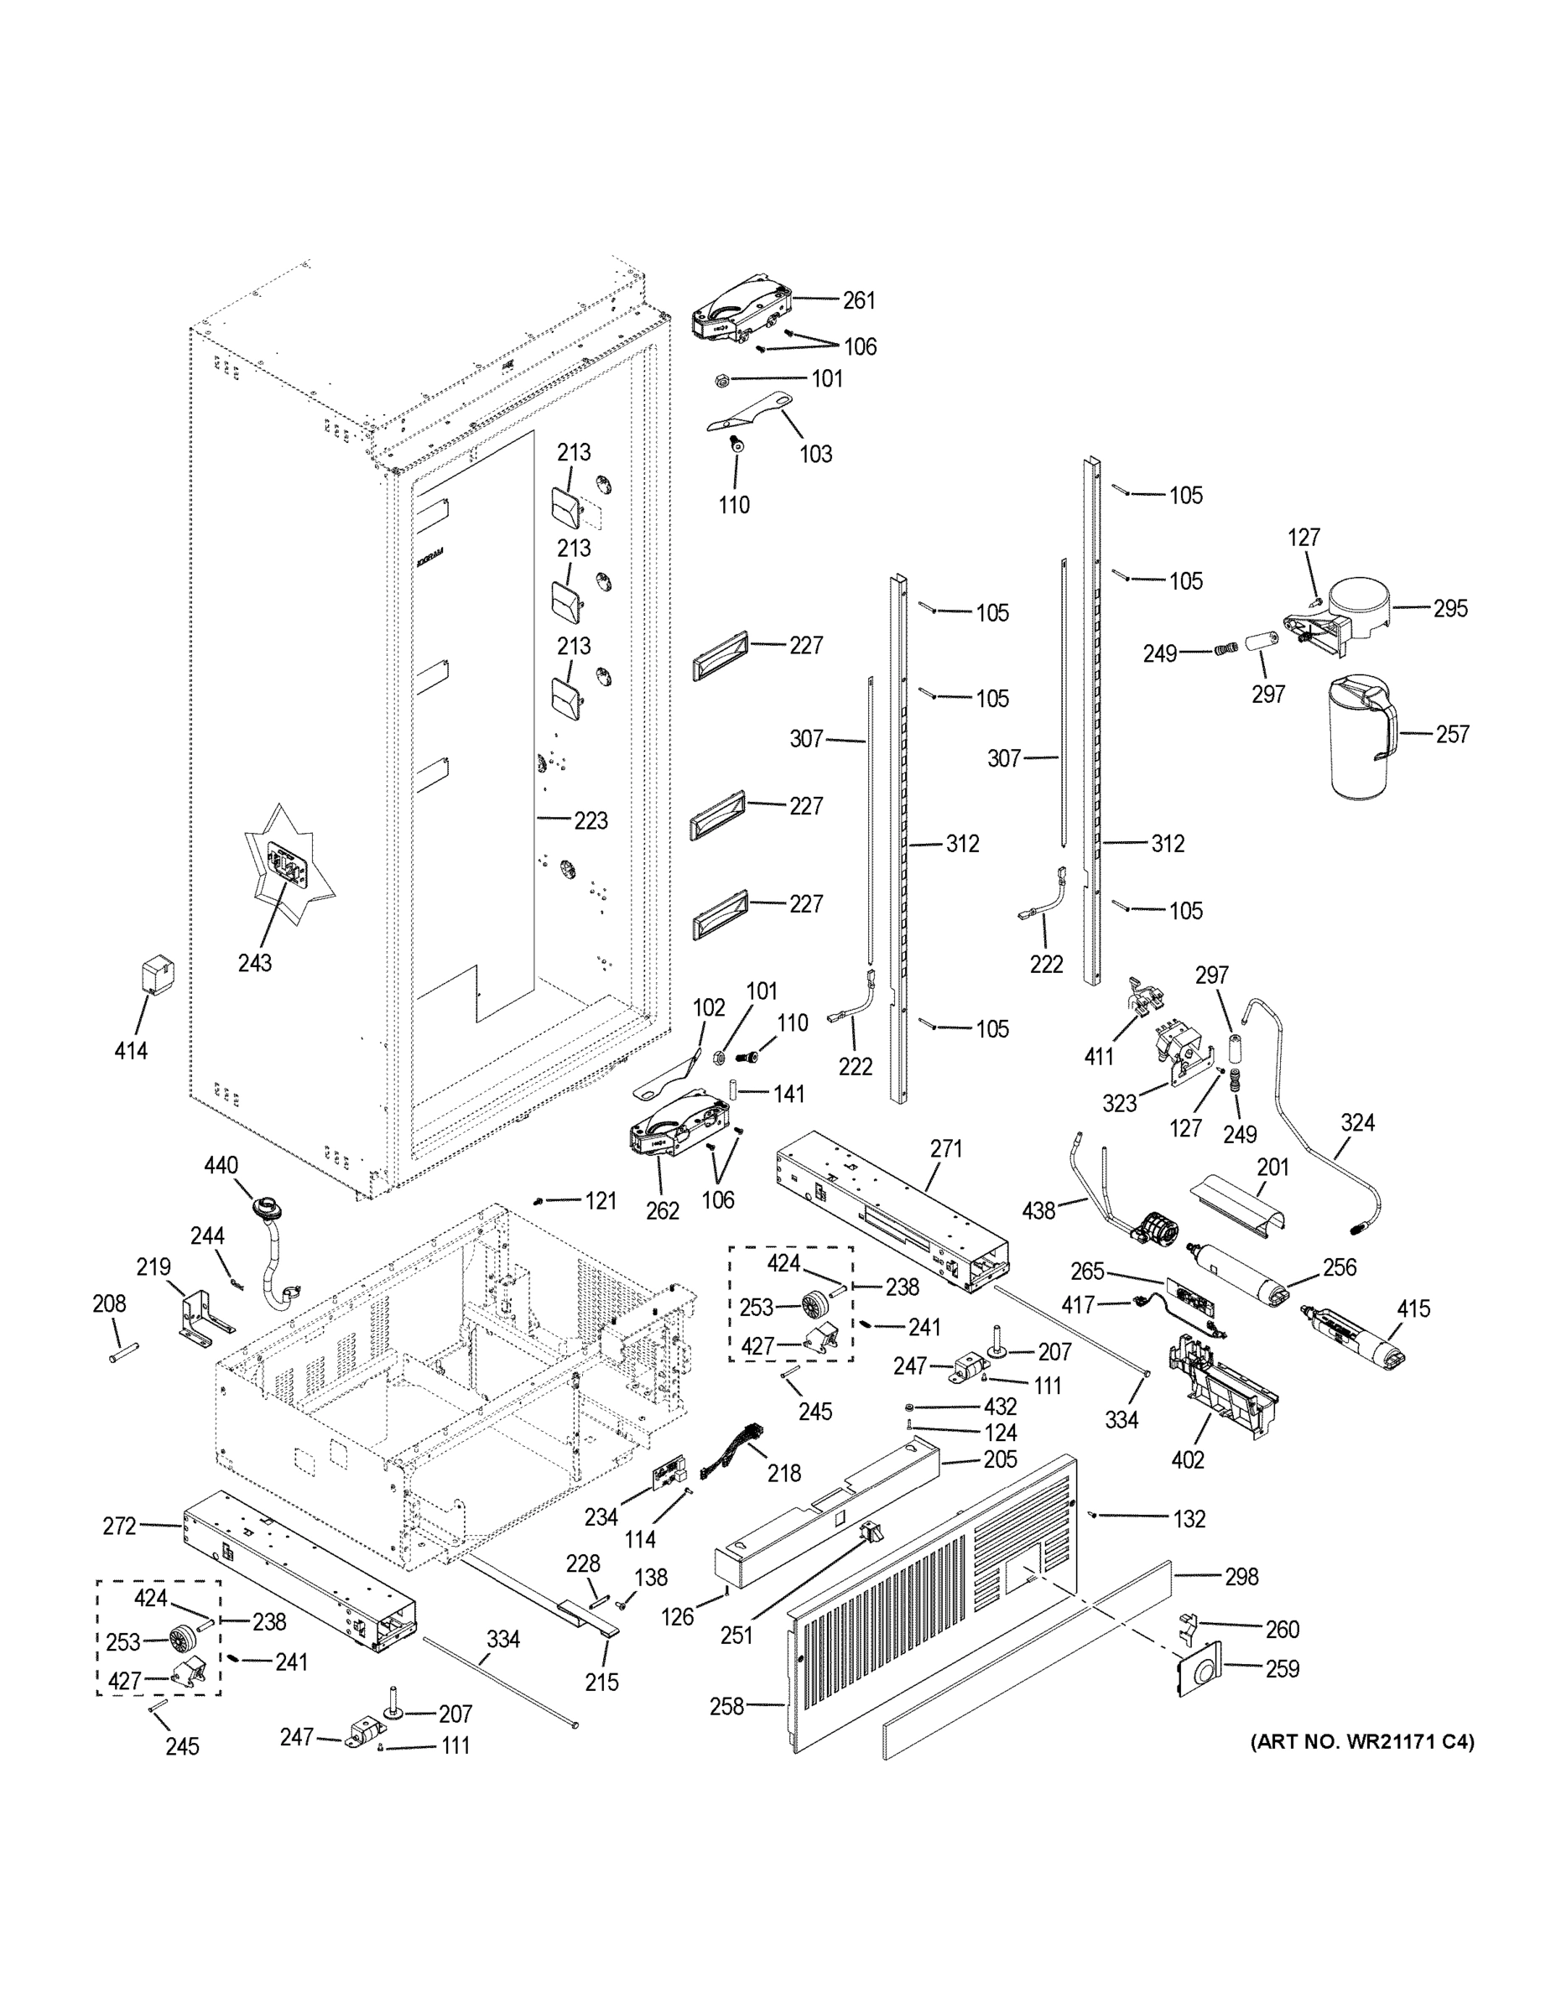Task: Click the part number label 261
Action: click(x=858, y=300)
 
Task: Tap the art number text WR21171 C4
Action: click(x=1361, y=1742)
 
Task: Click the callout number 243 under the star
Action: click(x=254, y=963)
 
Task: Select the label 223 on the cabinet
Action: click(x=591, y=820)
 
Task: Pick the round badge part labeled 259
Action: click(x=1199, y=1667)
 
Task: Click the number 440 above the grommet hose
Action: click(x=221, y=1166)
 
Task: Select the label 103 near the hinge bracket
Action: click(x=814, y=454)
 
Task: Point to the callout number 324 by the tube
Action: click(x=1357, y=1122)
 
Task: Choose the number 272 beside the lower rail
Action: click(x=120, y=1527)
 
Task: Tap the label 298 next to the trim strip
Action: click(x=1241, y=1577)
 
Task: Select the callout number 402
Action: click(x=1189, y=1460)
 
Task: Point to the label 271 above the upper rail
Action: click(x=946, y=1148)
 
